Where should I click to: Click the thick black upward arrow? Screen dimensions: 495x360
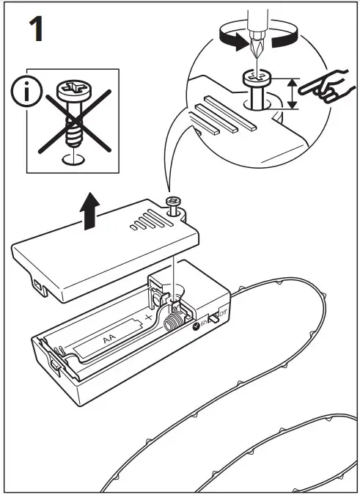89,210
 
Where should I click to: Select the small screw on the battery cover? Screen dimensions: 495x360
175,205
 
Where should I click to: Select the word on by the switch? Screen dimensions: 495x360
205,323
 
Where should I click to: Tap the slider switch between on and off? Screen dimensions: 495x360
215,317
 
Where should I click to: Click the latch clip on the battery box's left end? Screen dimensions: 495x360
56,364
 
